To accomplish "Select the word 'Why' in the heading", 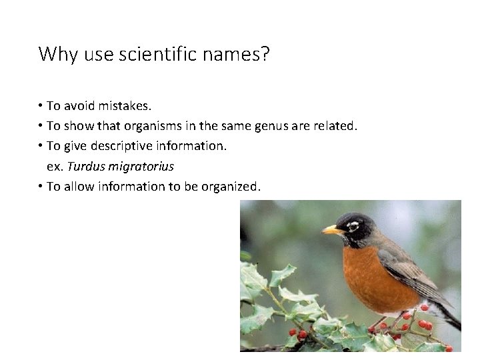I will pyautogui.click(x=59, y=54).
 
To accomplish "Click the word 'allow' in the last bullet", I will pyautogui.click(x=80, y=186).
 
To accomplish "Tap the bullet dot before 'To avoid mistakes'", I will pyautogui.click(x=41, y=105).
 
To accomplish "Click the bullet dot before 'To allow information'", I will pyautogui.click(x=41, y=186).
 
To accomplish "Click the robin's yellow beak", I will pyautogui.click(x=331, y=230).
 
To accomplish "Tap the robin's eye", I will pyautogui.click(x=353, y=226).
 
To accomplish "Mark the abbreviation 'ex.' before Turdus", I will pyautogui.click(x=55, y=166).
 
